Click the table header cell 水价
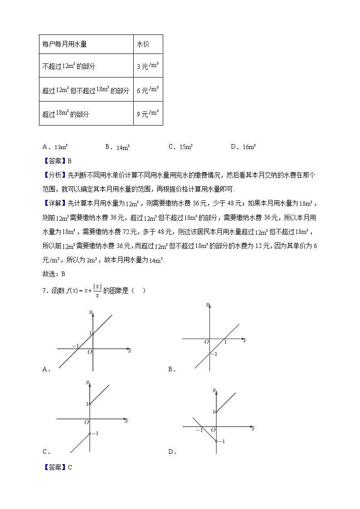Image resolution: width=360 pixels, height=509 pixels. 143,44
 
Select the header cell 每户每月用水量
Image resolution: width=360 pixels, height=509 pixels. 64,44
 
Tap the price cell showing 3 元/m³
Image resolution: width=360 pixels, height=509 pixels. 147,66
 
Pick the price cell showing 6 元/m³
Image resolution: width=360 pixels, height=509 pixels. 147,90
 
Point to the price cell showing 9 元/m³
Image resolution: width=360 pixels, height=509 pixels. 147,114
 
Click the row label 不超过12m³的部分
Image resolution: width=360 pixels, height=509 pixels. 68,66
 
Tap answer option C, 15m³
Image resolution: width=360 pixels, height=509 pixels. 181,147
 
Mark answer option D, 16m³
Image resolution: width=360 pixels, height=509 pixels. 244,147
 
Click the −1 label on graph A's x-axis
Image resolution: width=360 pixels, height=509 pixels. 75,346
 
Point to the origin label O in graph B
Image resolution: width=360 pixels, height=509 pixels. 206,342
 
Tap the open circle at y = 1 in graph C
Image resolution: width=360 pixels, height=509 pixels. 90,404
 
